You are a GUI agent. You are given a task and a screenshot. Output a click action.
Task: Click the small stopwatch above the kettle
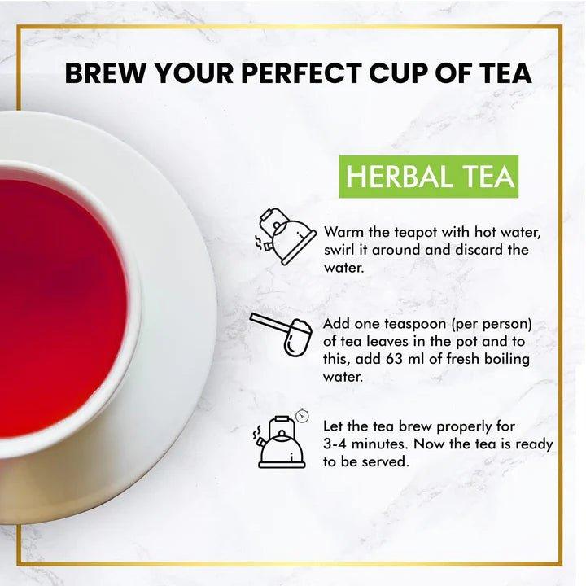(304, 415)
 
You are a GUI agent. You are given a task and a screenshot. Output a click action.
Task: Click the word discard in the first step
(471, 249)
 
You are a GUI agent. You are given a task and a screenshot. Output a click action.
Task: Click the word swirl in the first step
(341, 249)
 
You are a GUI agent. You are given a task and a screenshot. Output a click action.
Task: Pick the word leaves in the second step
(391, 343)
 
